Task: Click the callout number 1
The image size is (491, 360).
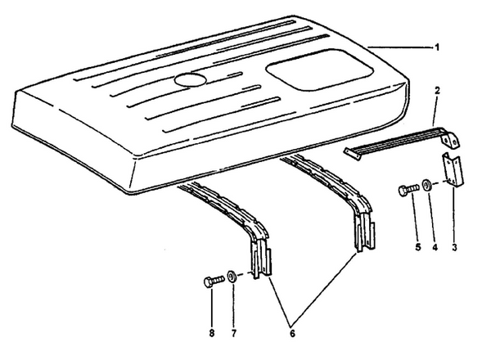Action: tap(437, 47)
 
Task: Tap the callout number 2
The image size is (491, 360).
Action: tap(438, 91)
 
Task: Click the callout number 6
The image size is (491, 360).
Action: tap(292, 334)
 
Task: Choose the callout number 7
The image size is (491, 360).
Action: tap(233, 334)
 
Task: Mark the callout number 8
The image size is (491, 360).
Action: tap(212, 334)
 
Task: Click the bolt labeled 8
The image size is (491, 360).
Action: tap(214, 281)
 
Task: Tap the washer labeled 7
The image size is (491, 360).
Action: tap(232, 277)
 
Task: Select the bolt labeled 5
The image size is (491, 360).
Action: tap(408, 190)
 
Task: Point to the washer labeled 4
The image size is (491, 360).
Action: tap(426, 186)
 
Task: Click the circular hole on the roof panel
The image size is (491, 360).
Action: tap(191, 79)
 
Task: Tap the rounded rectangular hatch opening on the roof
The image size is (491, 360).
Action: tap(319, 70)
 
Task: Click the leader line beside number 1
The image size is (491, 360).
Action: tap(401, 47)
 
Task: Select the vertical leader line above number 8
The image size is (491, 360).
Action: tap(211, 308)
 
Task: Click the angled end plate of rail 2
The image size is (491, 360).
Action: tap(451, 139)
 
